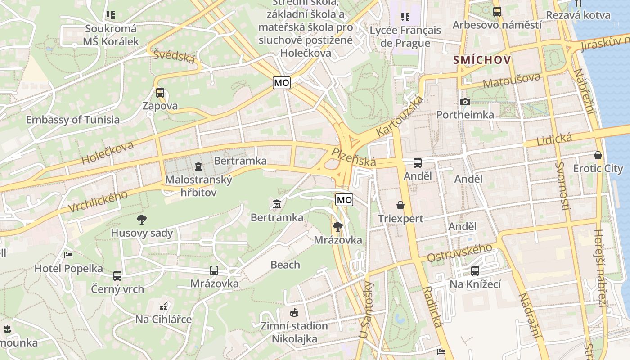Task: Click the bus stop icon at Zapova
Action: (160, 93)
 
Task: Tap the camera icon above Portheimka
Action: (465, 102)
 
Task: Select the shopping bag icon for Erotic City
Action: (598, 155)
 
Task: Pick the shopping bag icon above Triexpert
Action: (400, 206)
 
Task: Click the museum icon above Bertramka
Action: (277, 205)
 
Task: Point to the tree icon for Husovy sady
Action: (142, 220)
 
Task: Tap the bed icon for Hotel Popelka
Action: (68, 255)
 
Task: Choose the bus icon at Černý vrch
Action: (117, 275)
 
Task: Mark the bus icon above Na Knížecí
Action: (475, 271)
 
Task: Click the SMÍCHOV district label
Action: (482, 60)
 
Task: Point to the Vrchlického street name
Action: (99, 201)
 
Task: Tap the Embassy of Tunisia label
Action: (73, 120)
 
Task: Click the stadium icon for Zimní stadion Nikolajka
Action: (294, 312)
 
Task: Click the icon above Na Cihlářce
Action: (164, 307)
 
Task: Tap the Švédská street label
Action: (174, 56)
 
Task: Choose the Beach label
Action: (285, 265)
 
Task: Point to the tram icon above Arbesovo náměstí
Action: (497, 12)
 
